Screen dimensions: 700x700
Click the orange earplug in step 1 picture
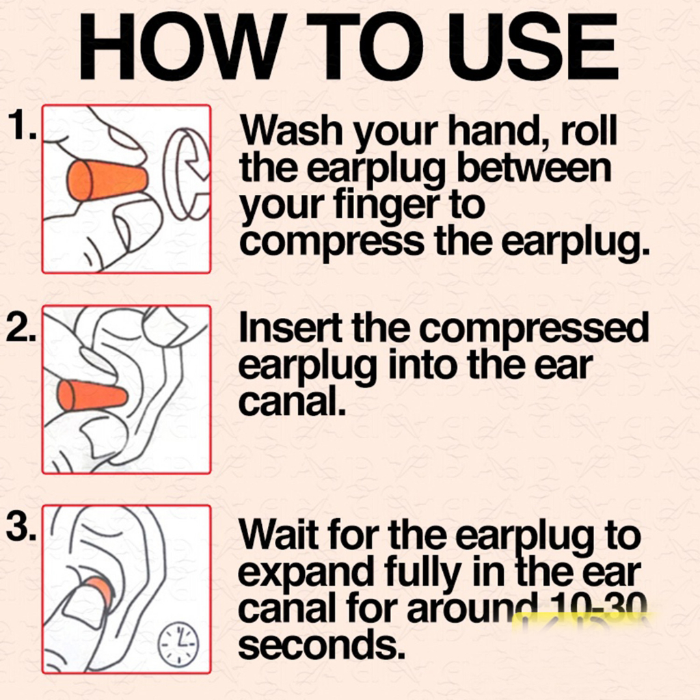pos(107,180)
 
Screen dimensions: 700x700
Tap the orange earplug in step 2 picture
pos(92,396)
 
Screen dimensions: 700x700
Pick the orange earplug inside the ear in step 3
pos(98,589)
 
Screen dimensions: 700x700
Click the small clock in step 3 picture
pos(178,644)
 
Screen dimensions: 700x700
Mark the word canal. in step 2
pos(292,401)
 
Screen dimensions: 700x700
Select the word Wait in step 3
pos(279,535)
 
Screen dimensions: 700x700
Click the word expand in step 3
pos(306,573)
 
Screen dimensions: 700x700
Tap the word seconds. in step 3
pos(322,645)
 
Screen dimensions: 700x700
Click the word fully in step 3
pos(422,573)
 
